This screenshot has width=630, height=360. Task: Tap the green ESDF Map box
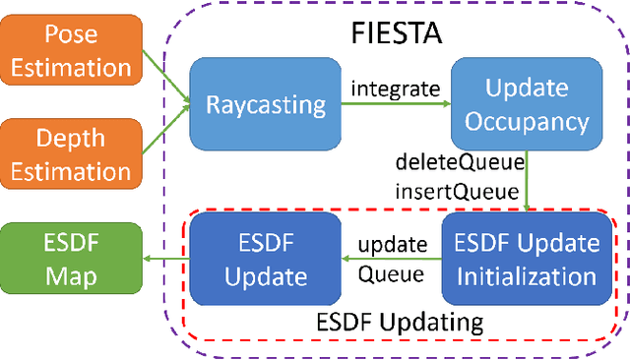point(71,259)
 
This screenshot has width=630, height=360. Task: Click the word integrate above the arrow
point(395,89)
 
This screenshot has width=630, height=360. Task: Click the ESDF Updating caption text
point(399,322)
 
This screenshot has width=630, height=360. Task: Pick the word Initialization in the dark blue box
point(521,275)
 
